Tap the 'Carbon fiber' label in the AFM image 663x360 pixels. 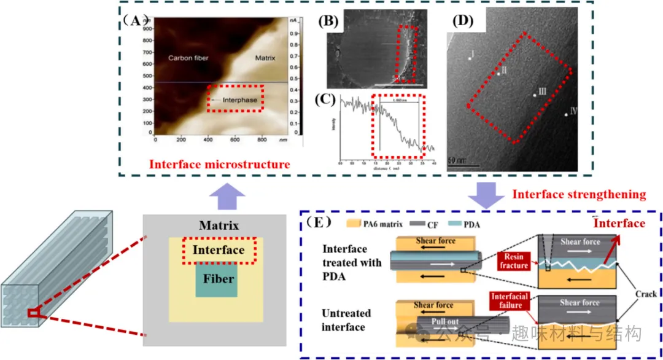click(x=188, y=58)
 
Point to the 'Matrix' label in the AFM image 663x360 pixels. click(x=265, y=58)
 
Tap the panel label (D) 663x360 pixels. click(x=464, y=21)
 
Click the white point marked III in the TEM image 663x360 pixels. click(x=534, y=95)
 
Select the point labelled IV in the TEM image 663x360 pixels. click(x=566, y=114)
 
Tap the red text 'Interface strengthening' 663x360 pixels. click(x=579, y=195)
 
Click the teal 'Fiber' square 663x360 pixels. click(x=216, y=280)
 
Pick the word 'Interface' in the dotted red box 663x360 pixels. click(x=219, y=250)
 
